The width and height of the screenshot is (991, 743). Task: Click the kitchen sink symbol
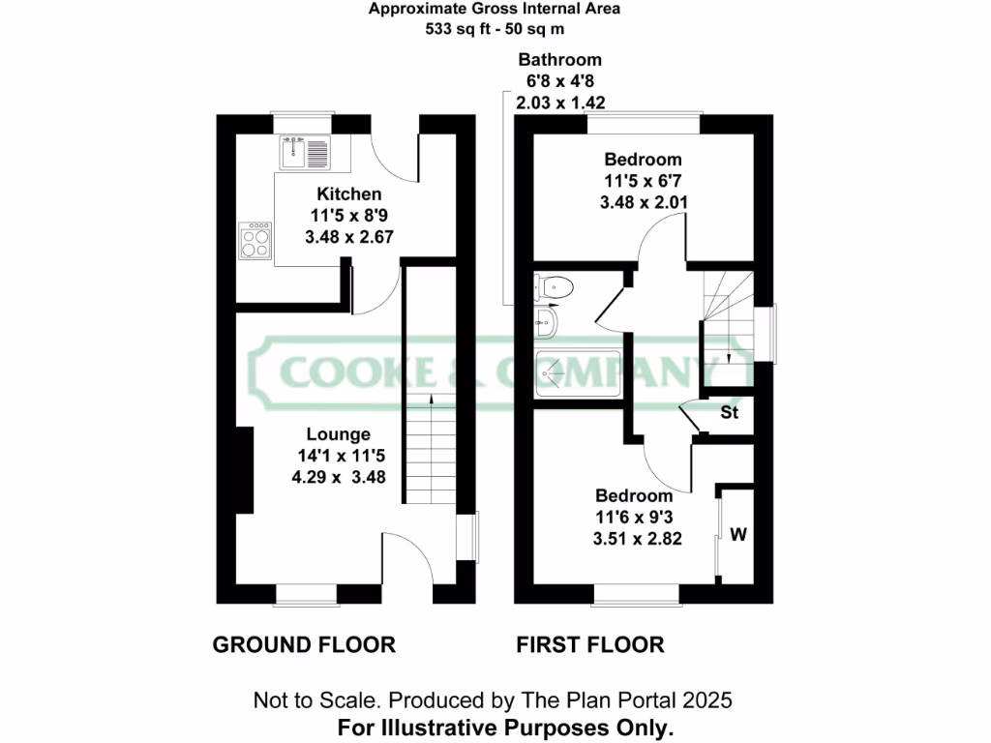(x=304, y=150)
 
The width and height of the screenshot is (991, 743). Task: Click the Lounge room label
(x=339, y=434)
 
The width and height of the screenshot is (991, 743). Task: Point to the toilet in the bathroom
(x=556, y=286)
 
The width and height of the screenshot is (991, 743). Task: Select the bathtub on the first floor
(x=577, y=373)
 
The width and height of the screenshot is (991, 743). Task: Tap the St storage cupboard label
(x=730, y=413)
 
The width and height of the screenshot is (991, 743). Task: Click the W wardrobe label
(x=737, y=534)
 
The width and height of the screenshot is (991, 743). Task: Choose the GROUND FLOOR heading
(x=304, y=645)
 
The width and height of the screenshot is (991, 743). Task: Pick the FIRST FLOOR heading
(x=590, y=645)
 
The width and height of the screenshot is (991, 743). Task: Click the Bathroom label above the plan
(x=559, y=60)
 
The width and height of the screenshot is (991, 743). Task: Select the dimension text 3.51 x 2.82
(x=637, y=539)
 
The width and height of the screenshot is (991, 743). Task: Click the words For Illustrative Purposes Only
(x=505, y=727)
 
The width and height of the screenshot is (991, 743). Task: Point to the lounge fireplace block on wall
(x=243, y=471)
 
